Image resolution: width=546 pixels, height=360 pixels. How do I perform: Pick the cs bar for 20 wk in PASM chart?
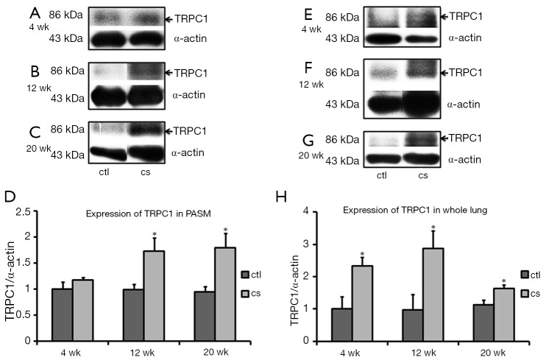[x=226, y=294]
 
